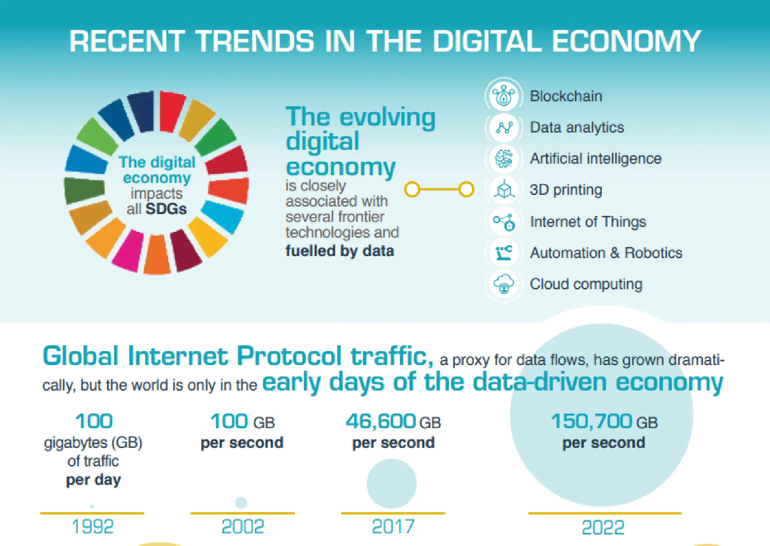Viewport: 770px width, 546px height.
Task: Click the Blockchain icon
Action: (504, 96)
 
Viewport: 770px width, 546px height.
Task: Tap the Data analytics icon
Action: (504, 127)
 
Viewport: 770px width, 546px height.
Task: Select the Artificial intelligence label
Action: (595, 159)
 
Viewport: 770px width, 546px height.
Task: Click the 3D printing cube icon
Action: (504, 190)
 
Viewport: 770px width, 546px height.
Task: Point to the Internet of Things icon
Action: (504, 222)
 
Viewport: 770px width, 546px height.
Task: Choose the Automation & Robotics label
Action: (606, 253)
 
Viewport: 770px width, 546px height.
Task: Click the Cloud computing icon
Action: (504, 284)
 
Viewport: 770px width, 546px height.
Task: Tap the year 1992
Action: (92, 526)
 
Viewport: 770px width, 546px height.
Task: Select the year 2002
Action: (243, 526)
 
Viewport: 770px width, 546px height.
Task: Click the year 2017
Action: (393, 526)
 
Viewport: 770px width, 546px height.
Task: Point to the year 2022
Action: (603, 527)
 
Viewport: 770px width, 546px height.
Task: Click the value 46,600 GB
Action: (393, 422)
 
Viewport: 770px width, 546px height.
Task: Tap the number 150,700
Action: (591, 421)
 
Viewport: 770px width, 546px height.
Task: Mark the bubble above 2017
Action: (392, 484)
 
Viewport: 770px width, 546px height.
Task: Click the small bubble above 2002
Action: (241, 502)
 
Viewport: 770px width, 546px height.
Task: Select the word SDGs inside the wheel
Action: (166, 209)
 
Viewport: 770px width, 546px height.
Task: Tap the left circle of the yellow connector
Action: (412, 189)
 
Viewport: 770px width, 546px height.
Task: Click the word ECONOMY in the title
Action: (626, 41)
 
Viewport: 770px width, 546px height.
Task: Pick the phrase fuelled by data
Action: (340, 251)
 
